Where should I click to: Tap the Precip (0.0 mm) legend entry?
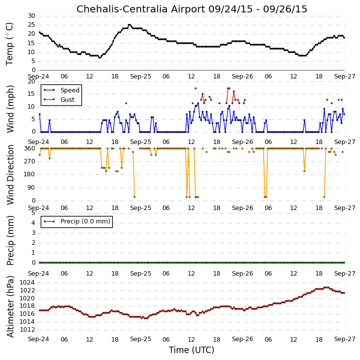click(x=76, y=221)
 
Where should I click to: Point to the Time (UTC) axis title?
click(x=192, y=350)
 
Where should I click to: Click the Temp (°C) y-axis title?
click(x=9, y=44)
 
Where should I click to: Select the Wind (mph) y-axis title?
click(x=10, y=109)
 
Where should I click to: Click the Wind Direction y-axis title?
click(x=10, y=175)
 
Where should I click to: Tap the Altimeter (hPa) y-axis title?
click(x=10, y=307)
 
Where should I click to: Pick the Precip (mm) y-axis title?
click(x=10, y=241)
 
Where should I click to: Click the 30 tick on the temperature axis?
click(x=32, y=16)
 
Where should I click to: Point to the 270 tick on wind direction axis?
click(x=30, y=161)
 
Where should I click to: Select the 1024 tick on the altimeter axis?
click(x=27, y=283)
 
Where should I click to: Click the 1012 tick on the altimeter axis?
click(x=27, y=330)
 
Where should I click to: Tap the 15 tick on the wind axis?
click(x=32, y=94)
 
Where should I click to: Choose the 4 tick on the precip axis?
click(x=34, y=223)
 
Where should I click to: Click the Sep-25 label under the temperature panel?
click(x=141, y=76)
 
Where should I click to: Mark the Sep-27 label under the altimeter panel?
click(x=345, y=339)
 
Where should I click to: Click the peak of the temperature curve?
click(x=129, y=25)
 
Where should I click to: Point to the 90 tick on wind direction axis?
click(x=32, y=188)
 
